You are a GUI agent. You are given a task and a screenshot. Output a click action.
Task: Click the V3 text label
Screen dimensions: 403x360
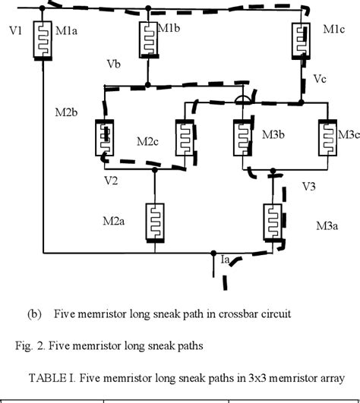point(309,184)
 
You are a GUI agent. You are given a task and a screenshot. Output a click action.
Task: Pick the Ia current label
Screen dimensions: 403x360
point(226,260)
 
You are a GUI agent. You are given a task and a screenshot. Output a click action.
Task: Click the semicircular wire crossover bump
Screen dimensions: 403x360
point(242,99)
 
